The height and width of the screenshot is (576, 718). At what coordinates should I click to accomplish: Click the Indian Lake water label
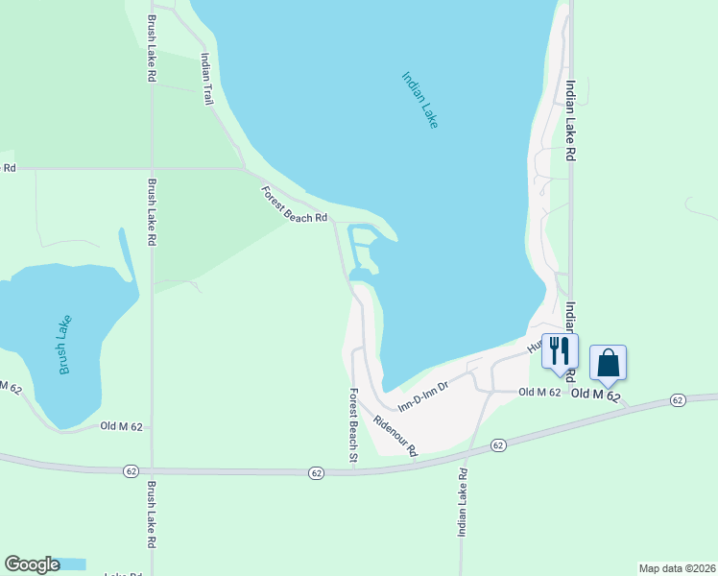pos(419,100)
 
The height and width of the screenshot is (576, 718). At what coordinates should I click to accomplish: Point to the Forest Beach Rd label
pos(295,204)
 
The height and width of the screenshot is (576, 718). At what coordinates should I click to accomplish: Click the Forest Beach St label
pos(353,426)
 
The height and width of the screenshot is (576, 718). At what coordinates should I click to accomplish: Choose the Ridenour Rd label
pos(396,435)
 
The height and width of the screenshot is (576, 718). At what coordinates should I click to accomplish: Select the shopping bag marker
pos(608,363)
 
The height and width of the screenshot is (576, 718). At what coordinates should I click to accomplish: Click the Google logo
pos(32,564)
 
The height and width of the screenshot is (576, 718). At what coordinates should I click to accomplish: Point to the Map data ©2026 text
pos(677,567)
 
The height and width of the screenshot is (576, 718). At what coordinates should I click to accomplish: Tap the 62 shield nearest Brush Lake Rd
pos(132,471)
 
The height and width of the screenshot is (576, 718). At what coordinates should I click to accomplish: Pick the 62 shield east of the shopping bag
pos(678,399)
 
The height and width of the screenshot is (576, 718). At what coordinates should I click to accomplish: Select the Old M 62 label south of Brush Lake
pos(126,426)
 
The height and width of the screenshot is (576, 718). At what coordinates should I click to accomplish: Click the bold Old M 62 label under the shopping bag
pos(596,395)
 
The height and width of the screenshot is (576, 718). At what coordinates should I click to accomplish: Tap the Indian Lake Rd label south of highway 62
pos(462,502)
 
